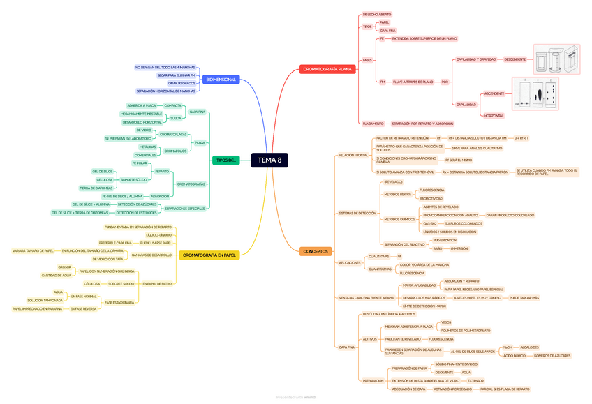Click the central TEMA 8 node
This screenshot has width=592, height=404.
pyautogui.click(x=269, y=160)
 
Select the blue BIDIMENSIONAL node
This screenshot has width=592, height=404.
pyautogui.click(x=221, y=80)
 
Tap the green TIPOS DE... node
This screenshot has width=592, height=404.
pyautogui.click(x=226, y=160)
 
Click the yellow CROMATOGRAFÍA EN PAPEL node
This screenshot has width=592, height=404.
pyautogui.click(x=209, y=255)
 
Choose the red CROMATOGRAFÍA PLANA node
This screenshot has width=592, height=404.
pyautogui.click(x=327, y=69)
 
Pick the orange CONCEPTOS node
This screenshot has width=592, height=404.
pyautogui.click(x=316, y=251)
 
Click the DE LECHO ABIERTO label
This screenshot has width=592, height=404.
pyautogui.click(x=377, y=14)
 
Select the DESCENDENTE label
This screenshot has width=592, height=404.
pyautogui.click(x=515, y=59)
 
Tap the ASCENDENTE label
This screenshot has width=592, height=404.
pyautogui.click(x=494, y=93)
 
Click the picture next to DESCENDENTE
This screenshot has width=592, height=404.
pyautogui.click(x=556, y=60)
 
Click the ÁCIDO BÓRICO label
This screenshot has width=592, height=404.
pyautogui.click(x=515, y=355)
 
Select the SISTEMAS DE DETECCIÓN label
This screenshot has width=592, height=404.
pyautogui.click(x=357, y=213)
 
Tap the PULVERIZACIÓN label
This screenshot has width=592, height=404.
pyautogui.click(x=445, y=240)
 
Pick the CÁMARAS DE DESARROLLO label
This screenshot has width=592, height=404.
pyautogui.click(x=151, y=255)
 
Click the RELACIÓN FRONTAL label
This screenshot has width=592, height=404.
pyautogui.click(x=353, y=155)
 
